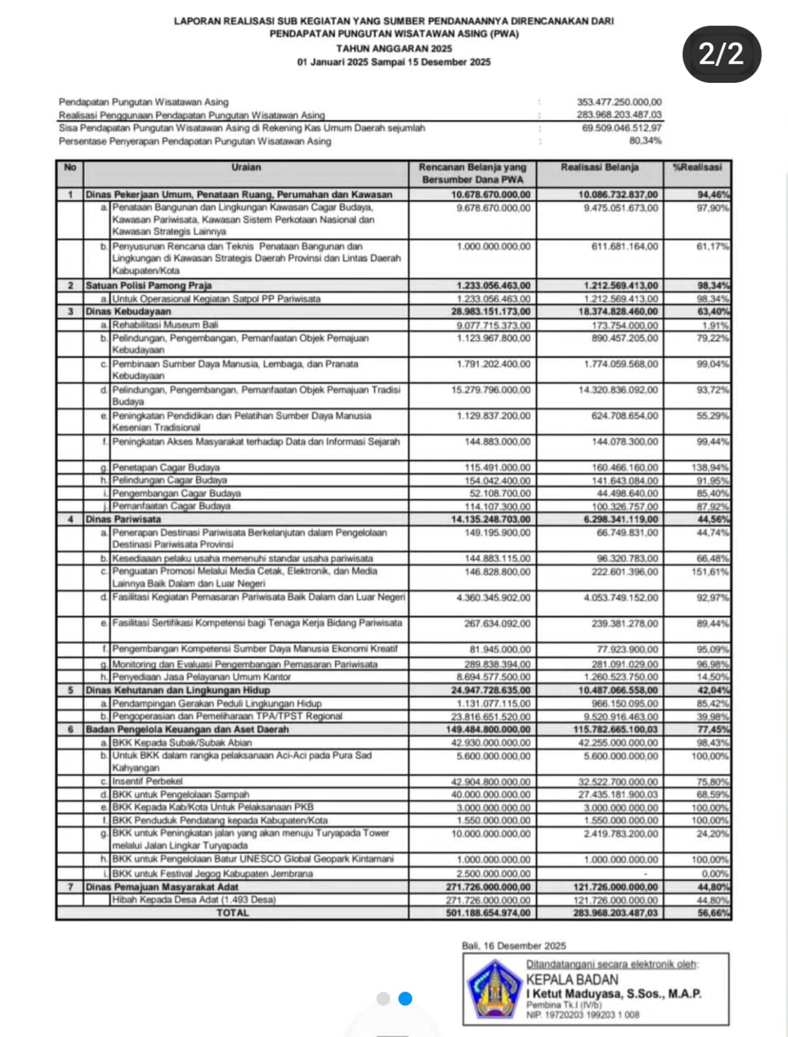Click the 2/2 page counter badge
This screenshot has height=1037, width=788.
click(722, 54)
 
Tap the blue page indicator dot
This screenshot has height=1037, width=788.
click(405, 999)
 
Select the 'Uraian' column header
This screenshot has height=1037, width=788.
click(246, 167)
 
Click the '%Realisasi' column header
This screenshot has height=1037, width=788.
click(697, 167)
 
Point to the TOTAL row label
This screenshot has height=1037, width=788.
click(232, 913)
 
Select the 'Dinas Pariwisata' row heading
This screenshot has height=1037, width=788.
click(123, 519)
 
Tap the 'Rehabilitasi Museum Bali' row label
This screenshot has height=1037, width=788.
click(165, 325)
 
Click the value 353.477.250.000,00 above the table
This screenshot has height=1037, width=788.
click(619, 102)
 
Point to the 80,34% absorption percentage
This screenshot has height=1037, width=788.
click(645, 141)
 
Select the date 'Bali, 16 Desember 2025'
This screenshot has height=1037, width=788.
click(513, 946)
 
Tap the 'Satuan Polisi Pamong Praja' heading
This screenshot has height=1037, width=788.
click(148, 285)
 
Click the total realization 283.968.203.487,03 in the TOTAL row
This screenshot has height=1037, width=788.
click(615, 913)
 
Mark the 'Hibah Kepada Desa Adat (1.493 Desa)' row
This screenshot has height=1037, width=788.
click(194, 900)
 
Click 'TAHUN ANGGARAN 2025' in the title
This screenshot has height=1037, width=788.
click(394, 49)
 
